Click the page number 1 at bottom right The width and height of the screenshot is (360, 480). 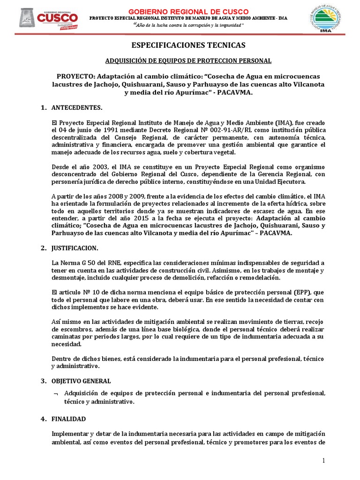tap(323, 461)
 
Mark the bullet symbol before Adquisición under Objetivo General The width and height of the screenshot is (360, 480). tap(55, 393)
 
